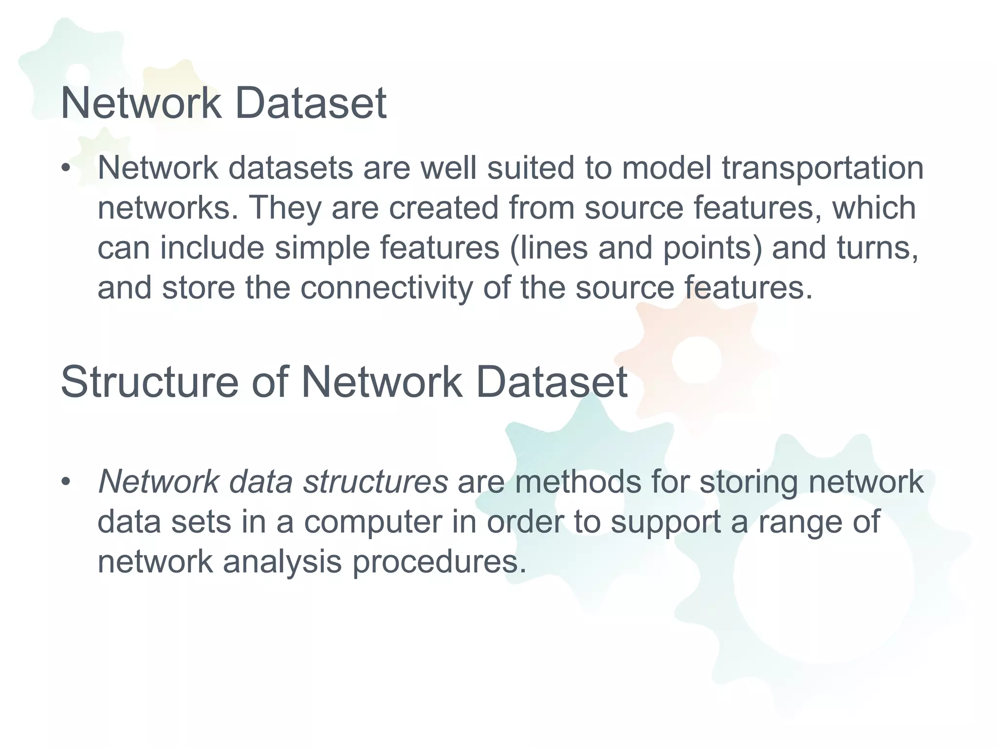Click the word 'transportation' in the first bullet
coord(822,168)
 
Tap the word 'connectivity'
coord(386,288)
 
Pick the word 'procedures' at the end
coord(439,562)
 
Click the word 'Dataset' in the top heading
coord(311,103)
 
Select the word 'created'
coord(443,208)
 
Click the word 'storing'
coord(749,482)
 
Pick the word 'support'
coord(665,523)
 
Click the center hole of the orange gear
coord(697,359)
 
